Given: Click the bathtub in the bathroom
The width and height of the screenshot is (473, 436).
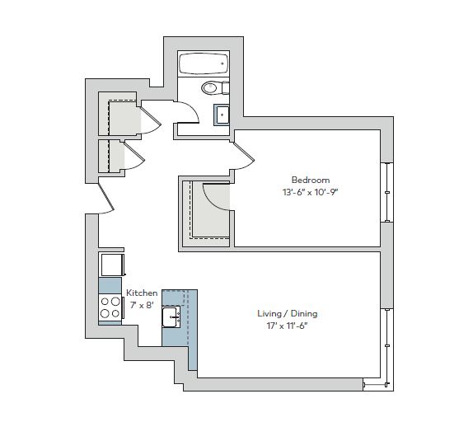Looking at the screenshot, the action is point(204,63).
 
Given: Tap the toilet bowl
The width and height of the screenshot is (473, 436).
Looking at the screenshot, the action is point(209,88).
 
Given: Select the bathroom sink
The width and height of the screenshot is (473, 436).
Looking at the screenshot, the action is point(222,115).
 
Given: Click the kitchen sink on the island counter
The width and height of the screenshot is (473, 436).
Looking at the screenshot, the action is point(171,316).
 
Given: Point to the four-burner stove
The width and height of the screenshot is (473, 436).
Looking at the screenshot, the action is point(110,307).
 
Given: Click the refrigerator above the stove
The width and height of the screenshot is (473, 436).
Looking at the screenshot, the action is point(111,265).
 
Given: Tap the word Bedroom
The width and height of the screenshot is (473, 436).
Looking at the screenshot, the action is point(311,180).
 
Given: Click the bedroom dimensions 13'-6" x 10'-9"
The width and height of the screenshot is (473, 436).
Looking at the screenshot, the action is point(311,192).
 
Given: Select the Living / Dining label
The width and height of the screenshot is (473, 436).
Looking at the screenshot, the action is point(287,313).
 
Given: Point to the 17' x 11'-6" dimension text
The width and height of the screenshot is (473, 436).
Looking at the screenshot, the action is point(287,326).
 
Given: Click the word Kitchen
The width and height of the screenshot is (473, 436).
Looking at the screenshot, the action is point(142,293).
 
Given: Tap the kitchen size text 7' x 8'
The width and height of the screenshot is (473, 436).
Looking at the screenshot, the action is point(142,305).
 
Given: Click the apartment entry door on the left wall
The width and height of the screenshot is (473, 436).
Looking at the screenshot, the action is point(105,197).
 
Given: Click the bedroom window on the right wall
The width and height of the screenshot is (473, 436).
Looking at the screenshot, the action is point(387,193).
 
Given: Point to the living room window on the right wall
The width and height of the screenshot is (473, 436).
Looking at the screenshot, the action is point(387,346).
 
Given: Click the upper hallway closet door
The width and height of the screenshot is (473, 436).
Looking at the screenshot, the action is point(151,120).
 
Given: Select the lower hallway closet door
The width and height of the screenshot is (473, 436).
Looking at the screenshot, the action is point(134,156).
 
